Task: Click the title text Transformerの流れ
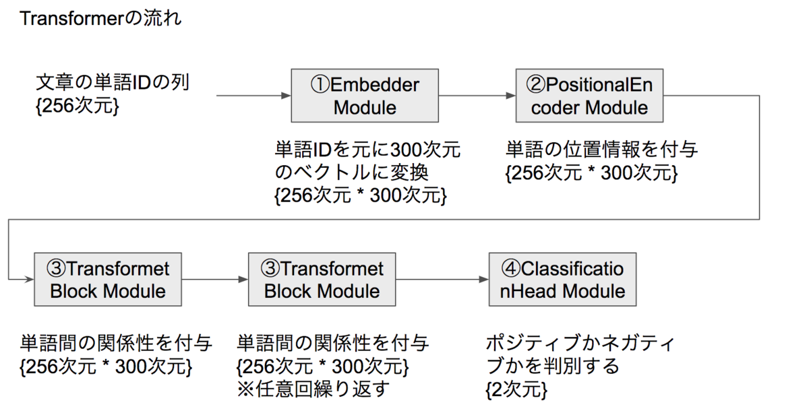point(100,18)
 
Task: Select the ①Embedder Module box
point(365,96)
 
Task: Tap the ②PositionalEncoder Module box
point(589,96)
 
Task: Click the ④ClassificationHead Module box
point(563,280)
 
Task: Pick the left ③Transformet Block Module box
point(108,280)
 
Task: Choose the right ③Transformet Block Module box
point(322,280)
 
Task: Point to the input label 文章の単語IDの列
point(113,84)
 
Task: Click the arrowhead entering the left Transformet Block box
point(29,279)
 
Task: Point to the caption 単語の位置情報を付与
point(601,150)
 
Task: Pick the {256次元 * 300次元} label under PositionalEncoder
point(591,172)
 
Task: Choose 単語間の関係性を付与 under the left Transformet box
point(117,344)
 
